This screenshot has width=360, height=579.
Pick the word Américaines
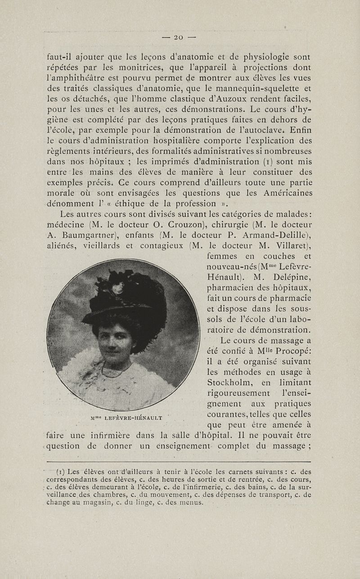(x=283, y=192)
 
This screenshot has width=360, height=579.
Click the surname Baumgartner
(x=87, y=235)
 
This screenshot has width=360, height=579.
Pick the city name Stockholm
(x=229, y=383)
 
